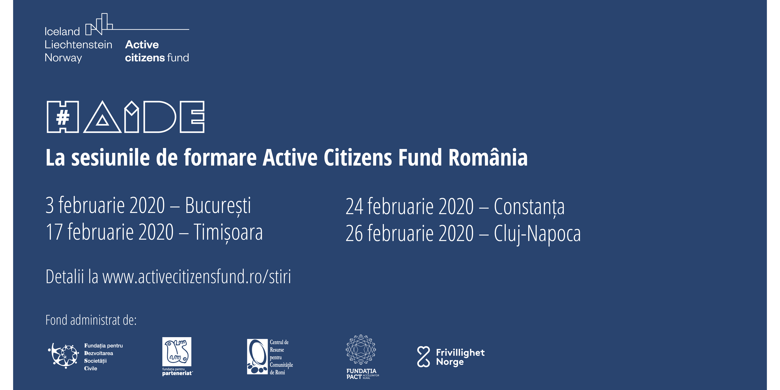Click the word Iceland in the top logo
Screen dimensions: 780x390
pyautogui.click(x=62, y=31)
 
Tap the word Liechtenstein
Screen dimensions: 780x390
pyautogui.click(x=78, y=44)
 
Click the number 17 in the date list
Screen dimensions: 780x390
pyautogui.click(x=55, y=232)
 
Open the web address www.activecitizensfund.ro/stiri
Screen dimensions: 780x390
pyautogui.click(x=197, y=277)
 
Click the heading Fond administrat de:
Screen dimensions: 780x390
pyautogui.click(x=91, y=320)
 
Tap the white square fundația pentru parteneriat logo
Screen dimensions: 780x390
pyautogui.click(x=177, y=352)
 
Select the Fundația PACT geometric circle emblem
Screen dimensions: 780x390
pyautogui.click(x=361, y=349)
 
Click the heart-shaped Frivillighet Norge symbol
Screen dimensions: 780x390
pyautogui.click(x=423, y=357)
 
